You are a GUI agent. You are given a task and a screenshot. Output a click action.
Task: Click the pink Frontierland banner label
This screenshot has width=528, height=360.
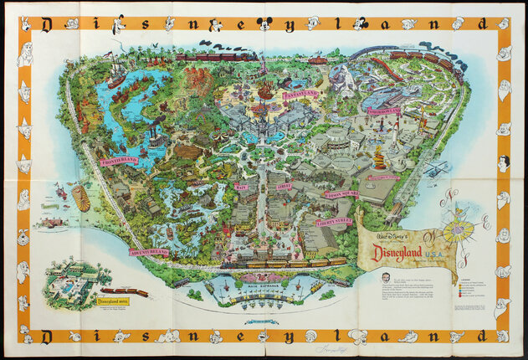click(x=118, y=160)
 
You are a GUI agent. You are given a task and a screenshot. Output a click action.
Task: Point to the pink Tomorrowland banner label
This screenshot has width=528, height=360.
click(x=383, y=111)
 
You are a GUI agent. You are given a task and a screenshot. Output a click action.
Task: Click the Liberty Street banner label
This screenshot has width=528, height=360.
click(x=333, y=223)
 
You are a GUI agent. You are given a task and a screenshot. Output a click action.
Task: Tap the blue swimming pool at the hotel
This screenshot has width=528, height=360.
click(x=65, y=285)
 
